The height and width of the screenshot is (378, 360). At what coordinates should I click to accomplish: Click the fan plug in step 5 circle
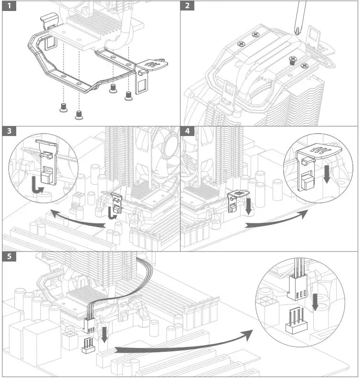pyautogui.click(x=296, y=289)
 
